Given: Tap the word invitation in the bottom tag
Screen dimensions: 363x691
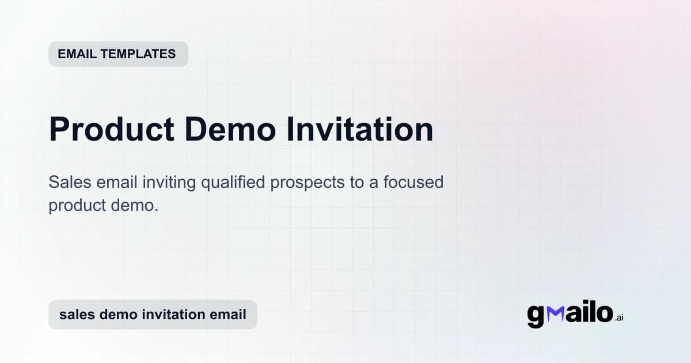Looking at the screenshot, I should tap(172, 315).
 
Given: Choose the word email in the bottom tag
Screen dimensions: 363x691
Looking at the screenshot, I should tap(229, 315).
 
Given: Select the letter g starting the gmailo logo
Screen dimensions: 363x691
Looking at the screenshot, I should tap(536, 316).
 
